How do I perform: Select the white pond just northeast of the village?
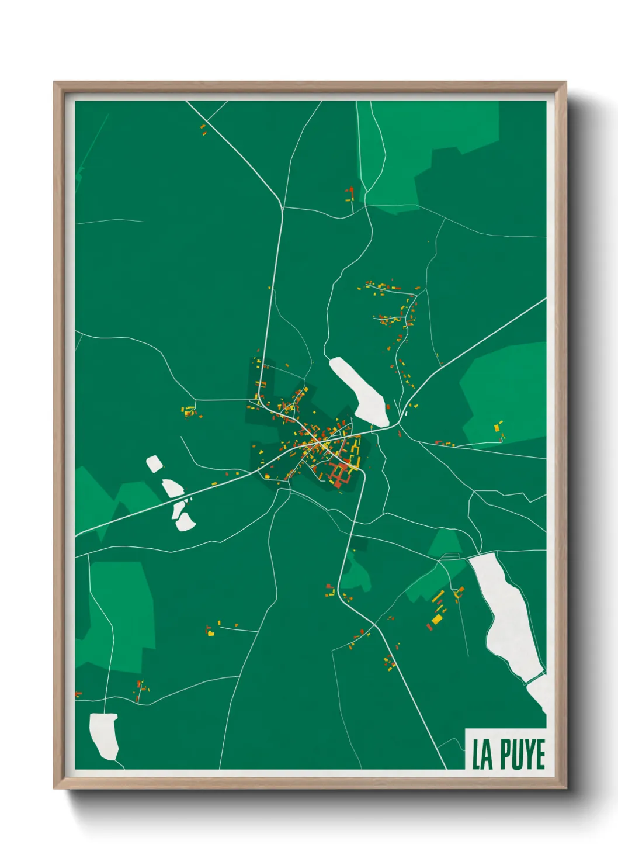tap(361, 390)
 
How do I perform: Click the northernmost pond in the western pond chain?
tap(155, 464)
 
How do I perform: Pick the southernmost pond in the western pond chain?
tap(186, 522)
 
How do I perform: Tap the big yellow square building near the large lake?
tap(437, 619)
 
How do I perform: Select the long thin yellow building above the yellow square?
tap(438, 596)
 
